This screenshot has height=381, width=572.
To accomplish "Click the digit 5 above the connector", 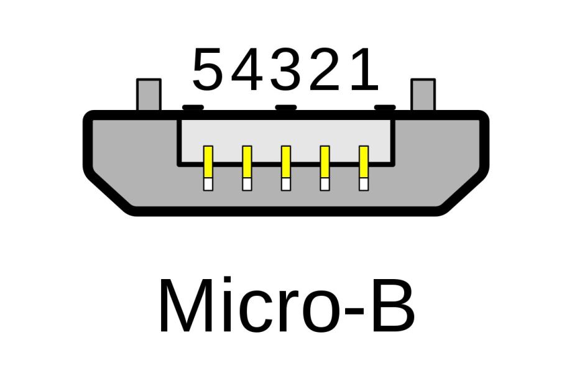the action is click(x=207, y=69).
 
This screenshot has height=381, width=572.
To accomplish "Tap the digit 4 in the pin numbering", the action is click(x=247, y=69).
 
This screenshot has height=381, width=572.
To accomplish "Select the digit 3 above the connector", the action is click(x=286, y=69).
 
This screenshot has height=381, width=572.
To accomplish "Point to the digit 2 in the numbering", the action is click(x=325, y=69).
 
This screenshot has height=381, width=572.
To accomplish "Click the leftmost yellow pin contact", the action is click(x=208, y=162).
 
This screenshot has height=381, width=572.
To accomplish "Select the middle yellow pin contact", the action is click(x=286, y=162).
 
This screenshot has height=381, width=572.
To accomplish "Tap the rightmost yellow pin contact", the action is click(x=364, y=162).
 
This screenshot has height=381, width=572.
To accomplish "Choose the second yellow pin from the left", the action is click(x=247, y=162).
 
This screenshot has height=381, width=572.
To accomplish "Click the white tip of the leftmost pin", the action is click(x=208, y=184).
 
